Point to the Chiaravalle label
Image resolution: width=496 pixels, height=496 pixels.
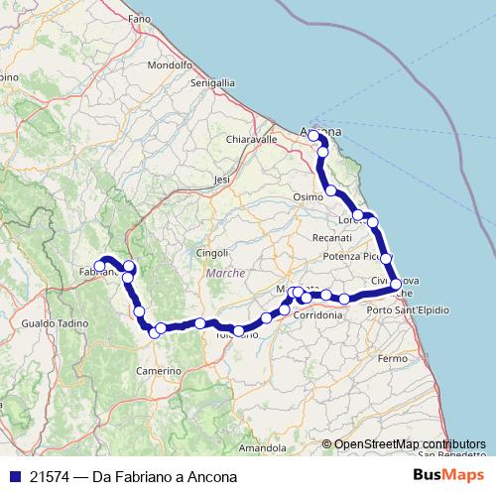point(251,140)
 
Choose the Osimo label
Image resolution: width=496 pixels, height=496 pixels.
point(309,198)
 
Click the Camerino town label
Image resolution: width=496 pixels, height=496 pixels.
point(157,368)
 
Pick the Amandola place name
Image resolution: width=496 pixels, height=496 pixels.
point(262,448)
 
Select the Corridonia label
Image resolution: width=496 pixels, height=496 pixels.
point(317,315)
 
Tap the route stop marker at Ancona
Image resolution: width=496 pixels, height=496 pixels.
point(313,135)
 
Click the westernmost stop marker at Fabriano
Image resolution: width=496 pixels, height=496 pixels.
point(99,266)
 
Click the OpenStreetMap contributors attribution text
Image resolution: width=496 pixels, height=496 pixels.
point(410,443)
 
